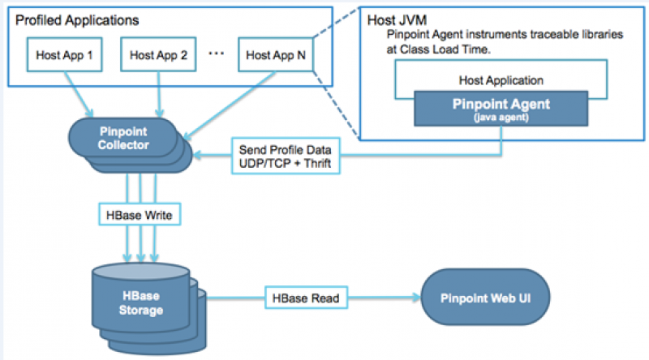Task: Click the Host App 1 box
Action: [x=65, y=55]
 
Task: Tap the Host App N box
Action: [x=272, y=55]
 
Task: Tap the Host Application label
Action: [x=501, y=80]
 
